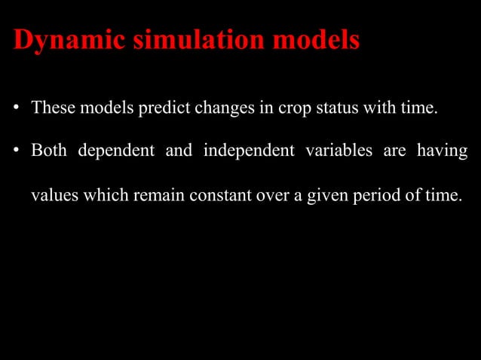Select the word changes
tap(223, 109)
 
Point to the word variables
tap(339, 151)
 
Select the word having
tap(444, 151)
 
